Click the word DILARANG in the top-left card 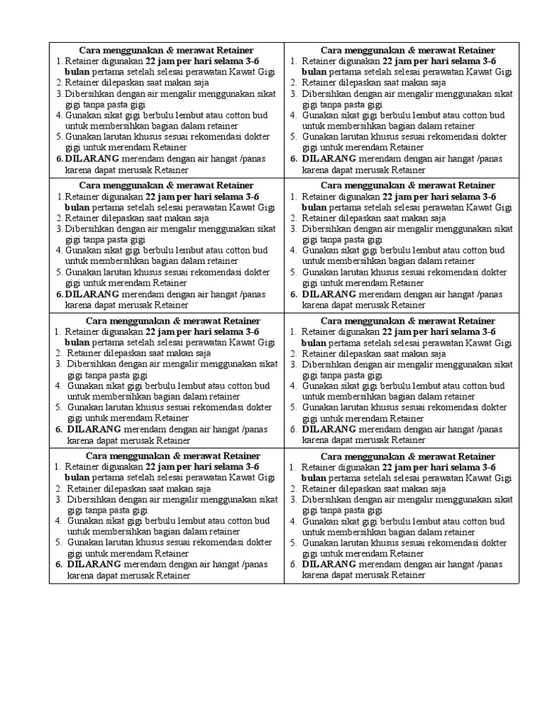91,159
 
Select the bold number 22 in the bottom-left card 151,467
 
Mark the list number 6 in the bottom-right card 293,565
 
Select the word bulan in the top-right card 314,72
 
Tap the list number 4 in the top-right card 293,115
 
